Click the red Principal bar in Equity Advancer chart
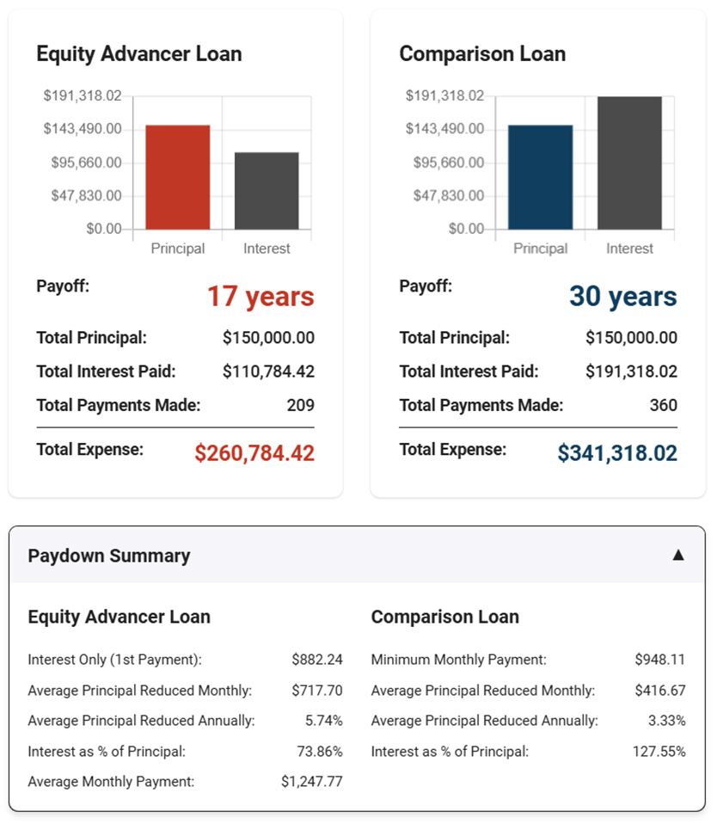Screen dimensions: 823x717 pos(177,177)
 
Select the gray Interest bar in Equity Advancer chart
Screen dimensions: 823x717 pos(267,191)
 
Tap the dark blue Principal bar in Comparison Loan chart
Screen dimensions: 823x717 pos(540,177)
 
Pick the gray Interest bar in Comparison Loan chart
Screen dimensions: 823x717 pos(629,163)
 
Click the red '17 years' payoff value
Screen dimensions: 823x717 pos(260,297)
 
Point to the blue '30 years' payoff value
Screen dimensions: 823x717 pos(622,297)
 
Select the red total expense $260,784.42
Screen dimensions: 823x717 pos(254,453)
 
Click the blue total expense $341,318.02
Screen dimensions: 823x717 pos(616,453)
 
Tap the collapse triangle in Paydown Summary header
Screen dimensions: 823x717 pos(677,555)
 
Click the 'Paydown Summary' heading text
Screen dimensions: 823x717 pos(109,556)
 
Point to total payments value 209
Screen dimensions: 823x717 pos(300,405)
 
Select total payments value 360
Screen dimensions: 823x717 pos(663,405)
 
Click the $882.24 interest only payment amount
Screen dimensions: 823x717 pos(316,660)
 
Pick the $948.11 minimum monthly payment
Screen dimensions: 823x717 pos(659,660)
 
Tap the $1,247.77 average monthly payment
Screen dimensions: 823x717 pos(311,782)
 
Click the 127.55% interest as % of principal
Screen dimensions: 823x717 pos(659,752)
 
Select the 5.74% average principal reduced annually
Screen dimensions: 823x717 pos(323,721)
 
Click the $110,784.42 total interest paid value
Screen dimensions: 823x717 pos(268,372)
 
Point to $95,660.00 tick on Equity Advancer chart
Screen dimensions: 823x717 pos(83,163)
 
